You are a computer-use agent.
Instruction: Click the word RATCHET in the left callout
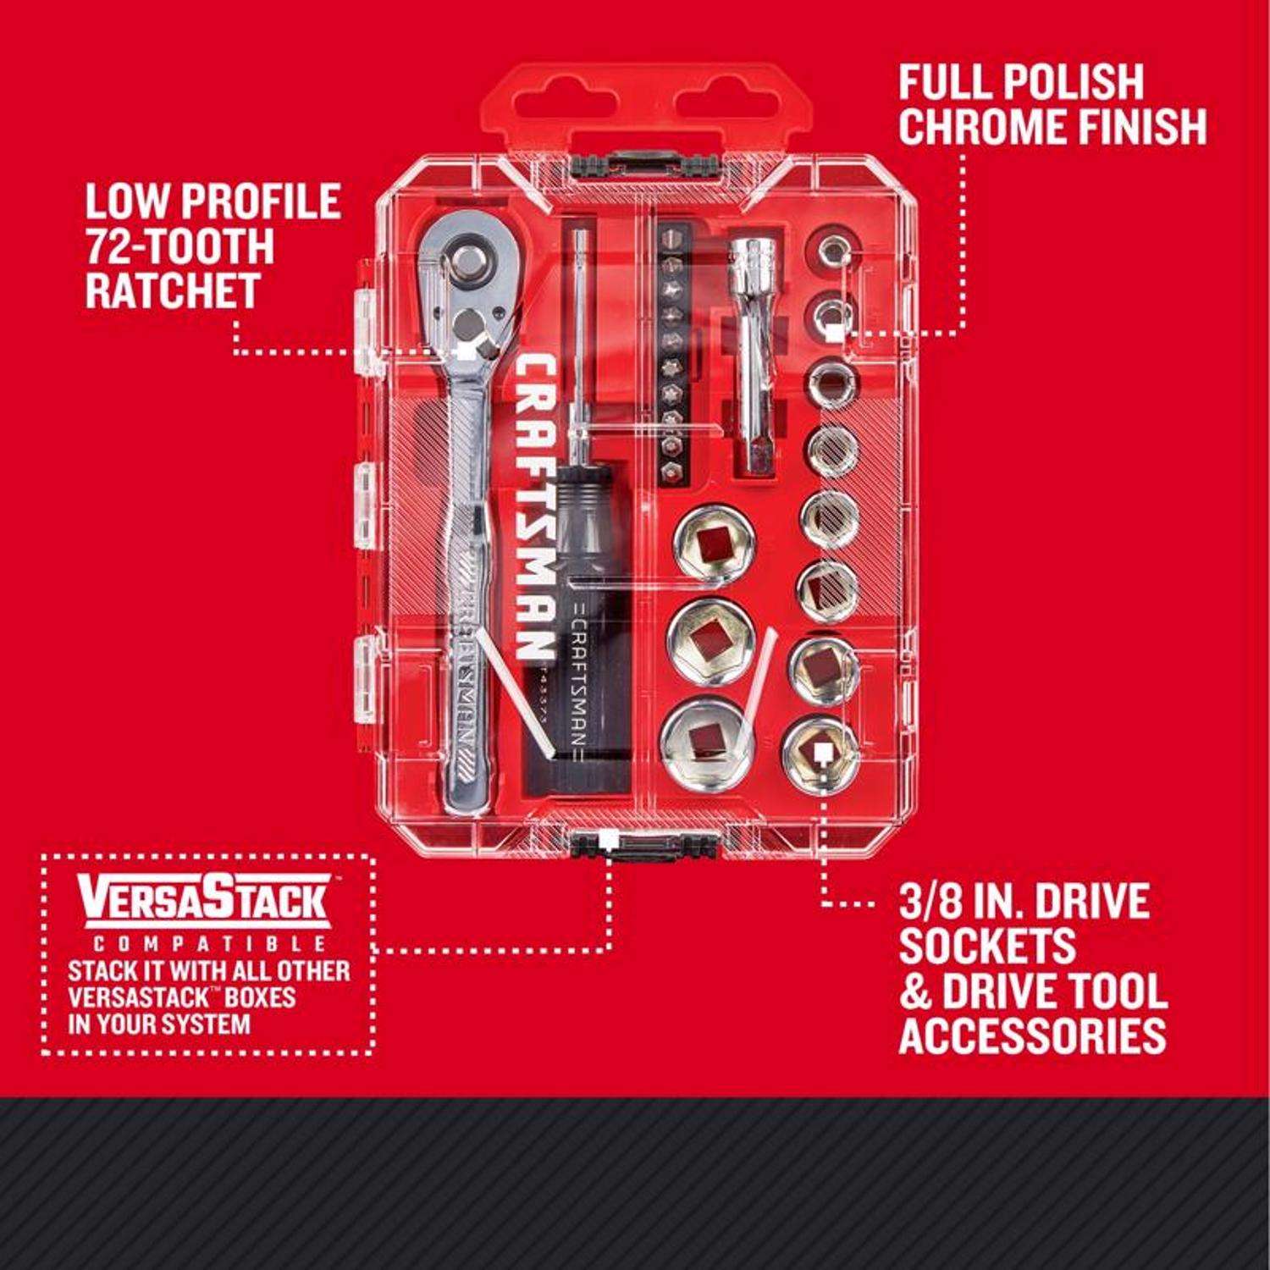172,290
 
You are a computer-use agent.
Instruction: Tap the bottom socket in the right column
819,751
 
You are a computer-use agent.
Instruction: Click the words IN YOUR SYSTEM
160,1023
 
